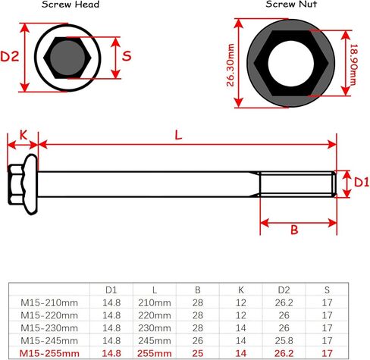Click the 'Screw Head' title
(x=71, y=5)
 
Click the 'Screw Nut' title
(x=291, y=4)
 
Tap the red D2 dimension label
(x=10, y=56)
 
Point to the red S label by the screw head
(x=127, y=56)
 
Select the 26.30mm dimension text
(x=230, y=65)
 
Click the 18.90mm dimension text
(x=353, y=64)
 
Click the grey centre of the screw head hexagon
(x=67, y=58)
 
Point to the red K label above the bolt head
(x=24, y=136)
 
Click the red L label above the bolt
(x=178, y=136)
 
